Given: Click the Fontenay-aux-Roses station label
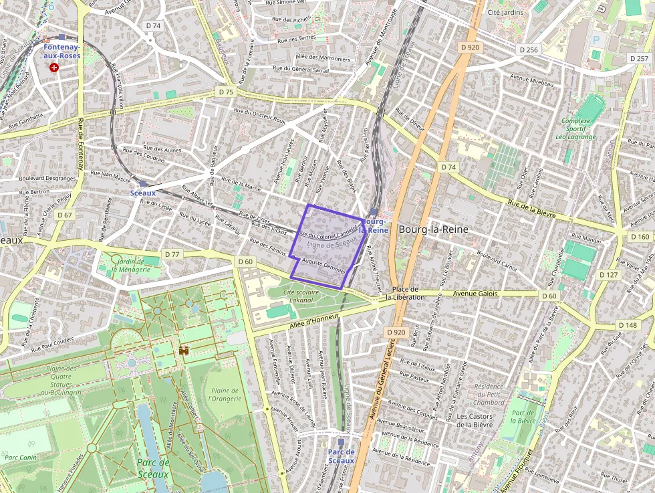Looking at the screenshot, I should (x=62, y=52).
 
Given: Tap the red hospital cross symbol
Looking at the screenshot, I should (x=54, y=67).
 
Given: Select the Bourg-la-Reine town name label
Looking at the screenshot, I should (x=433, y=229).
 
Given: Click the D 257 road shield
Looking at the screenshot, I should (x=639, y=59).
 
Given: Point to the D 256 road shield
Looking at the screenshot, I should (x=528, y=50).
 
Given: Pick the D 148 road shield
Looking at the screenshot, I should (x=628, y=325).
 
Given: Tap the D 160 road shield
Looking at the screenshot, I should (x=640, y=237).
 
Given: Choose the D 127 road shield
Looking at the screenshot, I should (x=608, y=275).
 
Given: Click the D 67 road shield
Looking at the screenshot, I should (x=64, y=215).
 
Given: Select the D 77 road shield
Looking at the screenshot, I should (x=172, y=254).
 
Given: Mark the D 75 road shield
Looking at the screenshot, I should (x=226, y=92).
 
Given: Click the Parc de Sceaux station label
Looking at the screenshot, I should (x=341, y=456).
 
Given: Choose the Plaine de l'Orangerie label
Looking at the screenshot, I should (x=225, y=395).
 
